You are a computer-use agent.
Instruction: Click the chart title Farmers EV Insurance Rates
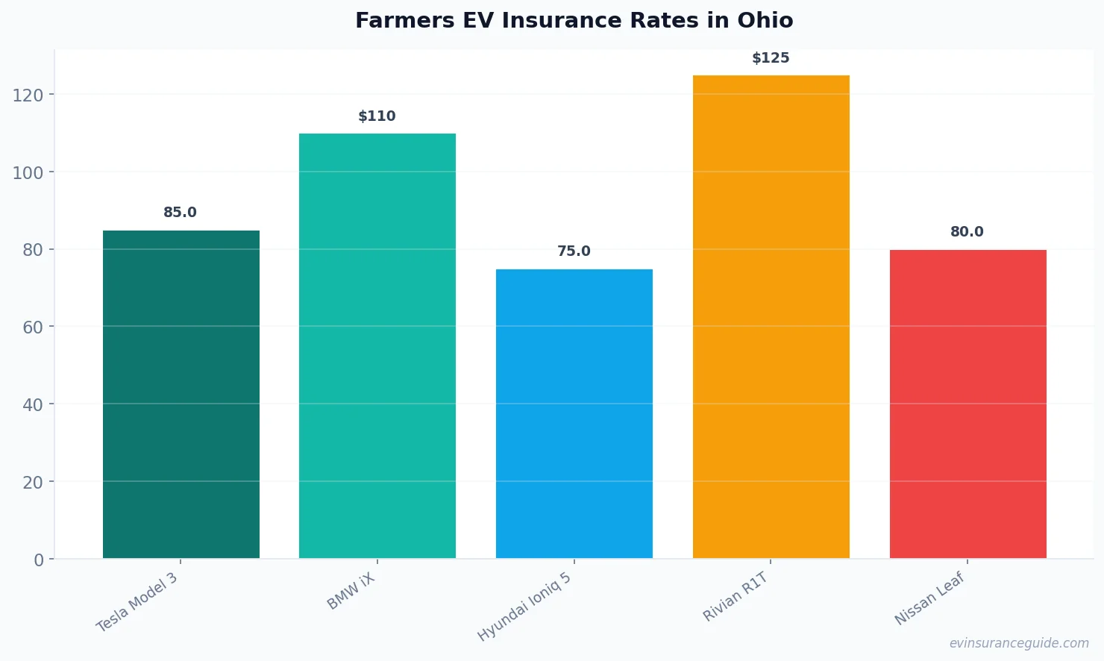(x=574, y=20)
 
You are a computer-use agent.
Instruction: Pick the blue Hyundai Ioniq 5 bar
(x=574, y=413)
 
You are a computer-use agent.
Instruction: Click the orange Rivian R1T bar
(x=771, y=316)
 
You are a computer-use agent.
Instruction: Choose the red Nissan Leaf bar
(x=967, y=404)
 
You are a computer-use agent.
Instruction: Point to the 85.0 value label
(x=181, y=213)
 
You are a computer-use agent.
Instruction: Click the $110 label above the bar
(x=377, y=116)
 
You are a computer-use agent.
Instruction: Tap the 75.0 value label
(x=574, y=251)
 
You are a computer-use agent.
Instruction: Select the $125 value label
(x=771, y=58)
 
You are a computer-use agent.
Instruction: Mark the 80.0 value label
(x=967, y=232)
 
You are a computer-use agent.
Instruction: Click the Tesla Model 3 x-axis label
(x=137, y=602)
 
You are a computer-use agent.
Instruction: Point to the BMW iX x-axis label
(x=351, y=592)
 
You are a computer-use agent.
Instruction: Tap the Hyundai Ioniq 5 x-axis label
(x=524, y=607)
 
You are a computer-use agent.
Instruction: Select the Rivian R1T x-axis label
(x=736, y=597)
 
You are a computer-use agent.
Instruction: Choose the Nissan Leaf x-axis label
(x=929, y=598)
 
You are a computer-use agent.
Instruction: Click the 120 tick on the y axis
(x=28, y=95)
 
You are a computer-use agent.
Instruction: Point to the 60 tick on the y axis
(x=33, y=327)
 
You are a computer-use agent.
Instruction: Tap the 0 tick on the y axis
(x=39, y=560)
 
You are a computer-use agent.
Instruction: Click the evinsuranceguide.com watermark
(x=1019, y=643)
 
